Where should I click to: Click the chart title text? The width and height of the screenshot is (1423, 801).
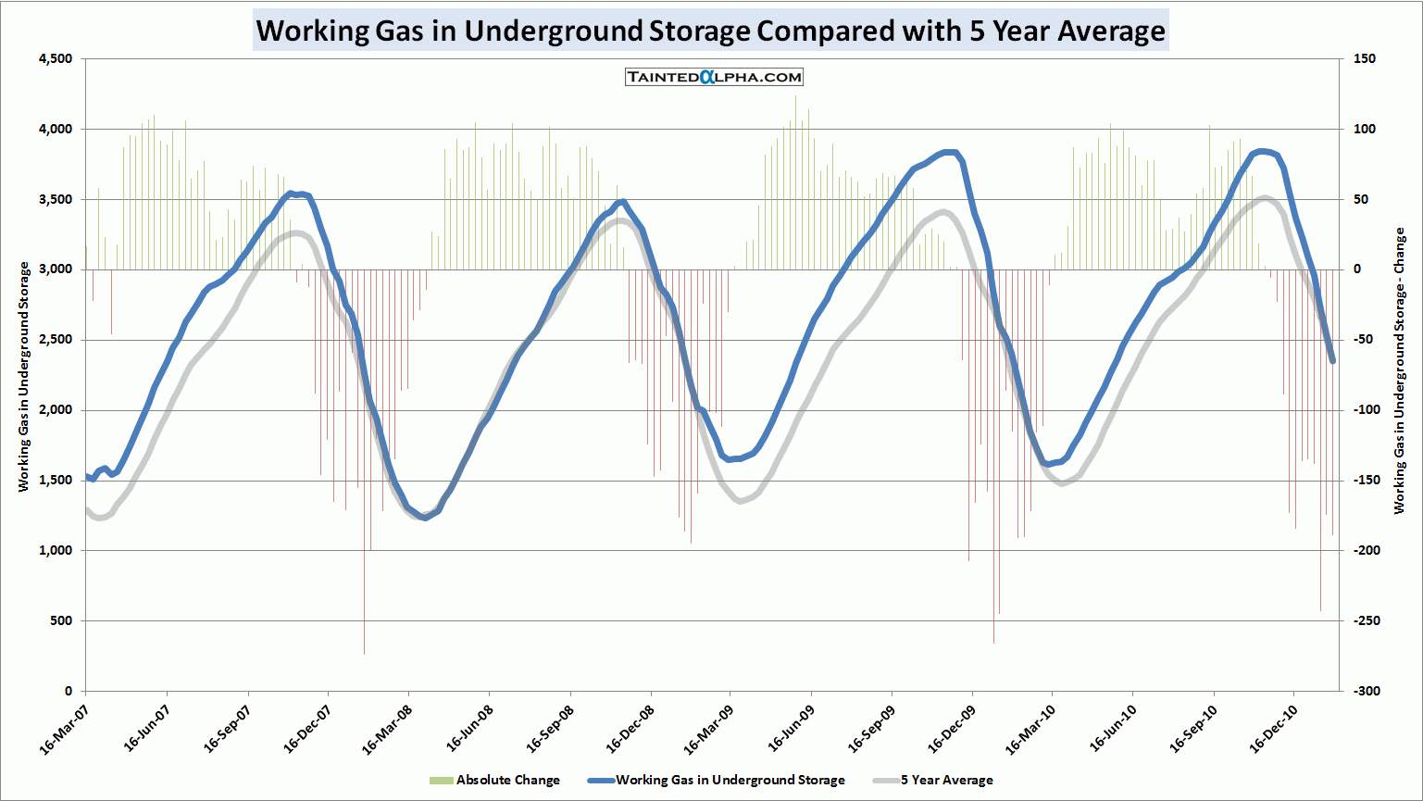[710, 31]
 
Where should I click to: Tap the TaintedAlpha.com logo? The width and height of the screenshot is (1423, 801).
[714, 77]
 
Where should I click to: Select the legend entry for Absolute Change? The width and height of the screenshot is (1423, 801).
[495, 780]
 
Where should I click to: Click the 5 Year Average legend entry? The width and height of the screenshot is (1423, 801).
[935, 780]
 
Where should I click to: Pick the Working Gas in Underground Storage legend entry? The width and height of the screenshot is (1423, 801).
[717, 780]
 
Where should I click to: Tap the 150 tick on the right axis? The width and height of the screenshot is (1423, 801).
[1364, 59]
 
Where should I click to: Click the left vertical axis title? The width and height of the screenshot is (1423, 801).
[24, 376]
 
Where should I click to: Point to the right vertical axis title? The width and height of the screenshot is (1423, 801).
[1399, 370]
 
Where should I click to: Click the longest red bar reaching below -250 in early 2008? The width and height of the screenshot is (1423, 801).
[364, 602]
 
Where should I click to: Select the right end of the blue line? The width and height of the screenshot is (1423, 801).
[1332, 360]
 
